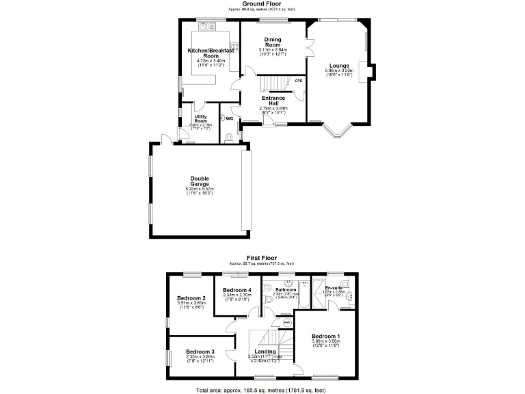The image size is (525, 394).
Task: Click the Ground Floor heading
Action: [262, 3]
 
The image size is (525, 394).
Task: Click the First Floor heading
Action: [262, 259]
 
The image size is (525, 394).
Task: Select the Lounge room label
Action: [340, 66]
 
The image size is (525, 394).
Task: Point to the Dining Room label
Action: [273, 42]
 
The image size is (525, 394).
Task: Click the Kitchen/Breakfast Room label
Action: [211, 53]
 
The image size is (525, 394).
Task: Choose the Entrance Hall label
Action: [273, 101]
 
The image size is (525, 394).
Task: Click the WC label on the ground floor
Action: [230, 118]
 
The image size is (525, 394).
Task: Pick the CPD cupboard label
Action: [298, 81]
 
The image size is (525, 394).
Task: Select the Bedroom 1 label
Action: [325, 337]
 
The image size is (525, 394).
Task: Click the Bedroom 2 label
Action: [191, 298]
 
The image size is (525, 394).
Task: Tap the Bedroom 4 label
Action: [237, 291]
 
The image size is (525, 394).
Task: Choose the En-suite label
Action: [334, 288]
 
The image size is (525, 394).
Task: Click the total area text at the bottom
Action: [262, 389]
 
